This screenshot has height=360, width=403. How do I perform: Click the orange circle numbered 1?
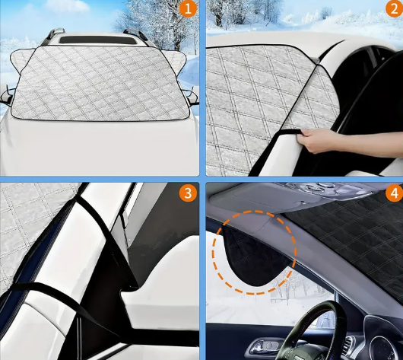click(x=188, y=9)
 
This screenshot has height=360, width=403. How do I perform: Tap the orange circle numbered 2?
click(x=395, y=8)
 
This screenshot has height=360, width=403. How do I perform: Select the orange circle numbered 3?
click(x=188, y=193)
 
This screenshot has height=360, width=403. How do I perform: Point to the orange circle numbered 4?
click(x=395, y=193)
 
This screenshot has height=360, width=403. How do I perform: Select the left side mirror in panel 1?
click(x=7, y=97)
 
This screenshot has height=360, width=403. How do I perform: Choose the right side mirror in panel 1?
click(x=191, y=97)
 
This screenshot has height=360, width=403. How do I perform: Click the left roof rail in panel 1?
click(x=54, y=35)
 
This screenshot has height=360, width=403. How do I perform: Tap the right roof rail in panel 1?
click(x=136, y=36)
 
